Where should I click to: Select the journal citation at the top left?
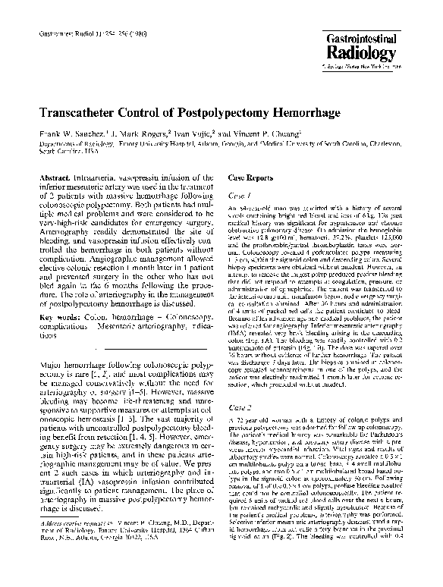83,35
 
